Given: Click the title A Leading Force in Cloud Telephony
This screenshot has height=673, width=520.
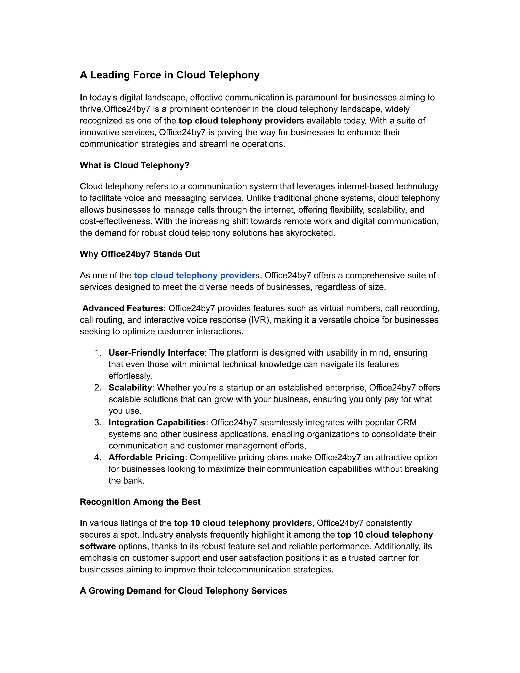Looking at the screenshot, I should click(x=170, y=75).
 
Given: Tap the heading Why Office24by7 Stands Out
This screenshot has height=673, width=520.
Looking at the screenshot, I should click(x=140, y=254).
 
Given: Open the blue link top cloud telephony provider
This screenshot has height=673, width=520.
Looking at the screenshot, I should click(x=194, y=276).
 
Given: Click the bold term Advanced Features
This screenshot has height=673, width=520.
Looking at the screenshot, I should click(x=123, y=309).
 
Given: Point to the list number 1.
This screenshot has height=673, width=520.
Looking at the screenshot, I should click(x=98, y=353).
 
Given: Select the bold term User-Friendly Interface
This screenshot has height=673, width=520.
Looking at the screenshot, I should click(x=156, y=353).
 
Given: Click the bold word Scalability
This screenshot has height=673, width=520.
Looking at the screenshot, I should click(x=130, y=388).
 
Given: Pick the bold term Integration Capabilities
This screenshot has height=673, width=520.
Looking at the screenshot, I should click(x=157, y=423).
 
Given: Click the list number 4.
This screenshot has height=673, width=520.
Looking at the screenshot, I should click(x=98, y=457).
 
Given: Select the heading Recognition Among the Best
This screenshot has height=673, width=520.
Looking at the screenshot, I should click(x=140, y=502).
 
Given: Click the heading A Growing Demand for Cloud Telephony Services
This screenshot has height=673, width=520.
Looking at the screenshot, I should click(x=183, y=591).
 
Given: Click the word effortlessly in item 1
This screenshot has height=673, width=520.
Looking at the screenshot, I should click(x=130, y=376).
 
